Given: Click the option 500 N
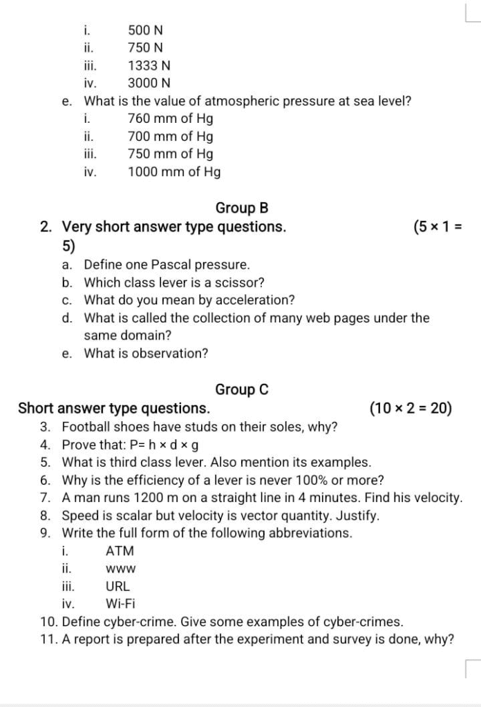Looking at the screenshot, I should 145,30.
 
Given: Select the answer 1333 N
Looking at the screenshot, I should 149,66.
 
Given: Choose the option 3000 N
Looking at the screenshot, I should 149,84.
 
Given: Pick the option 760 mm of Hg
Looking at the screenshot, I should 171,119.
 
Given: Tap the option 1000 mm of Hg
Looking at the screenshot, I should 174,172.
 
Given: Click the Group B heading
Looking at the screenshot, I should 242,208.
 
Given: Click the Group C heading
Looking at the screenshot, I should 242,390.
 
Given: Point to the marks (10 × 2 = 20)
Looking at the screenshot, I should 411,409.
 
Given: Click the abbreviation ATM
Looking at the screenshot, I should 120,551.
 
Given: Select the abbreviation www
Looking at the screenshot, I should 120,570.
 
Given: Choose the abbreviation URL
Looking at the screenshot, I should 117,587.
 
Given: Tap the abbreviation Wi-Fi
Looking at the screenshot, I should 120,604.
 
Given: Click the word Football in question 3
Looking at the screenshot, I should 84,427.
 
